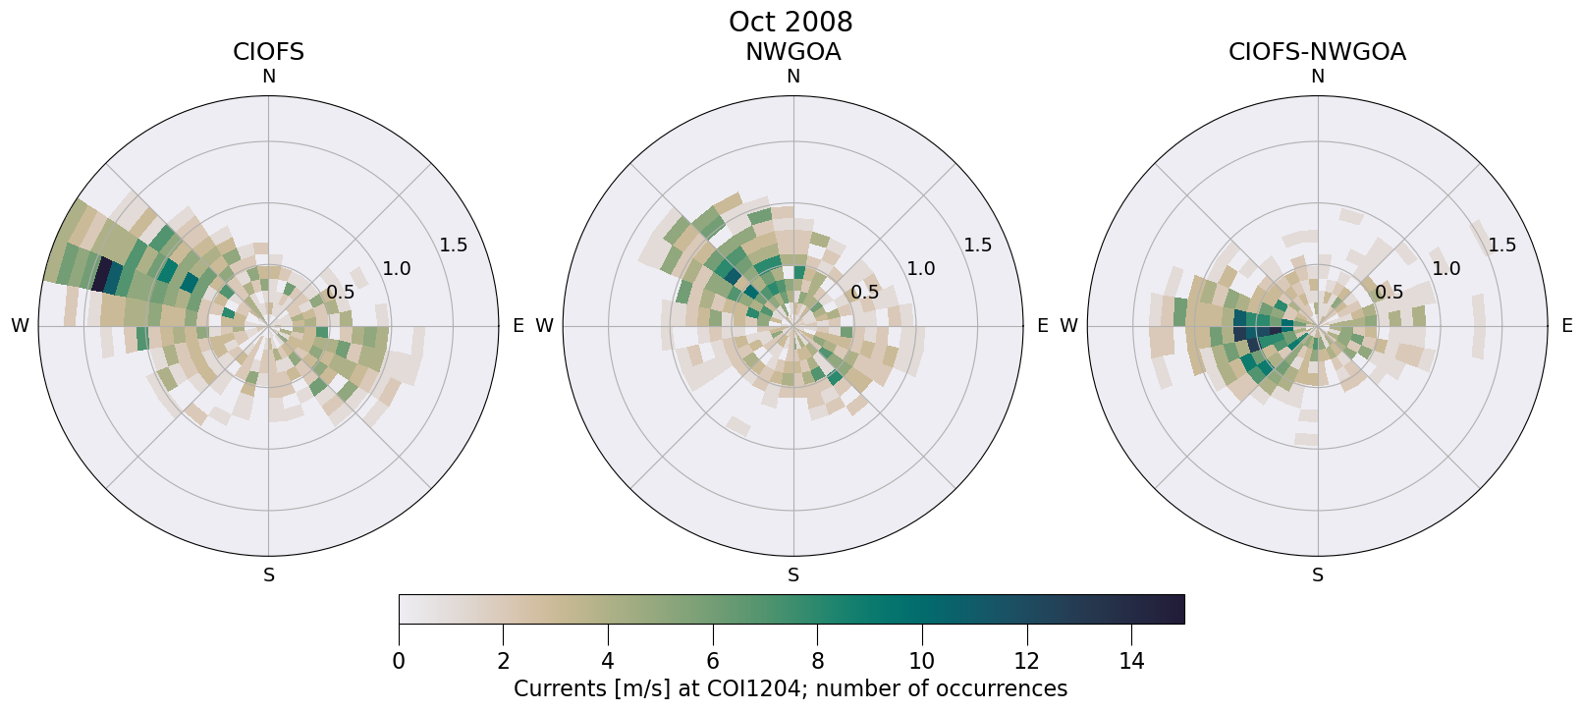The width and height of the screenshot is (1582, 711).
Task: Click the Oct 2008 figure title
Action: [x=791, y=22]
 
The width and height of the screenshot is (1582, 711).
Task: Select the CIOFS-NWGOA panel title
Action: [x=1317, y=52]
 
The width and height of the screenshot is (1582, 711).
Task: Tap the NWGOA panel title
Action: [x=792, y=52]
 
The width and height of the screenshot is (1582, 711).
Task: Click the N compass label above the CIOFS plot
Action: [x=268, y=77]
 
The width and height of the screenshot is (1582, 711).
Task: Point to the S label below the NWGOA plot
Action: [x=792, y=575]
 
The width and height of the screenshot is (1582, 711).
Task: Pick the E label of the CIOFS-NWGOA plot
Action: [x=1566, y=326]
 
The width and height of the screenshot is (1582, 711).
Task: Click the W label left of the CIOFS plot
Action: [x=20, y=326]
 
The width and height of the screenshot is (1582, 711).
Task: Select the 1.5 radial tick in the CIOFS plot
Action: [x=453, y=246]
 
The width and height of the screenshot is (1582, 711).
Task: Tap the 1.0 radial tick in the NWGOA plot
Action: [x=920, y=268]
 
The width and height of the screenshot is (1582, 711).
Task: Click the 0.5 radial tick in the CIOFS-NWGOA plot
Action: [x=1389, y=292]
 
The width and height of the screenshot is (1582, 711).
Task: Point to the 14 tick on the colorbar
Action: [x=1131, y=661]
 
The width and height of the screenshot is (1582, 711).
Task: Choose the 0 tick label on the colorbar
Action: [x=399, y=661]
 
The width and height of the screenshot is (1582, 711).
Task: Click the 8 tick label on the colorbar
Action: [x=817, y=661]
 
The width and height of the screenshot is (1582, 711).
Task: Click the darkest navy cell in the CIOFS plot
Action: [x=101, y=273]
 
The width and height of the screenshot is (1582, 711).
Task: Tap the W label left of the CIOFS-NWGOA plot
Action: [x=1068, y=326]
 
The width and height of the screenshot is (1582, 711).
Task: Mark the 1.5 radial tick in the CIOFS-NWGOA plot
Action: [x=1501, y=246]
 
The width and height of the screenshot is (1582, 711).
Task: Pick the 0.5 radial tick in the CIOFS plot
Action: [x=341, y=292]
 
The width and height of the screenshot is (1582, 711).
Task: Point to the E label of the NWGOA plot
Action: [x=1042, y=326]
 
